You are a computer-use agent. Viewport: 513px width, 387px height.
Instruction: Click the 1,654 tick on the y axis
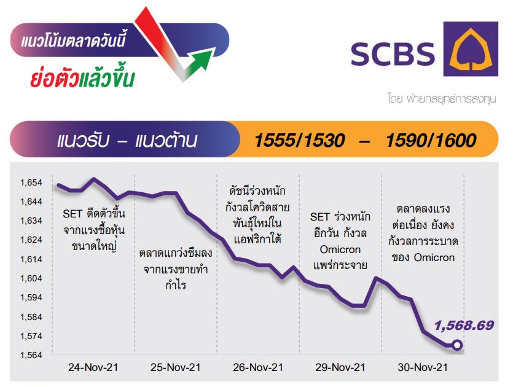pos(31,182)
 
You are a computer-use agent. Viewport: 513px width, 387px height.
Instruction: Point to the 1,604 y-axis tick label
pos(31,278)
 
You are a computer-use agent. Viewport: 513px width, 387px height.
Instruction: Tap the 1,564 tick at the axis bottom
pos(31,355)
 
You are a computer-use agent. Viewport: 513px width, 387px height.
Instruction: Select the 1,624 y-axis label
pos(31,240)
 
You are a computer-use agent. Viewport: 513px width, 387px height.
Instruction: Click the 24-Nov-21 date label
pos(93,367)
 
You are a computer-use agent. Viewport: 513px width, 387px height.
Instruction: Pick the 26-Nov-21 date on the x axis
pos(258,367)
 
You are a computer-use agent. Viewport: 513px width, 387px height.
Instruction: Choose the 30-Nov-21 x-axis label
pos(423,367)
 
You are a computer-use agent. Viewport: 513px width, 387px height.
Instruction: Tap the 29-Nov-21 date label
pos(340,367)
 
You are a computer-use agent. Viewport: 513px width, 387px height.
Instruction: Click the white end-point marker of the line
pos(457,345)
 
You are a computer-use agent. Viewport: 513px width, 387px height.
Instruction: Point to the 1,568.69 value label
pos(464,325)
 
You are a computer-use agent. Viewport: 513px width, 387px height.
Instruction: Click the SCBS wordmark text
pos(393,54)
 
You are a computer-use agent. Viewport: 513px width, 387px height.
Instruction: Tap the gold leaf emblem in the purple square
pos(471,50)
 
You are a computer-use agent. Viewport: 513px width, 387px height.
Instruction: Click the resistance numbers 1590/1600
pos(431,140)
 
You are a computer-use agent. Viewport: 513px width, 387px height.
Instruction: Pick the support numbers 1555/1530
pos(299,140)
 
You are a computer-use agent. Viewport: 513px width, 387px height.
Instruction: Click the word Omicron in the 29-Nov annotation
pos(340,249)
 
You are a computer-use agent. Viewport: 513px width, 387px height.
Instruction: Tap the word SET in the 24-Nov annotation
pos(72,214)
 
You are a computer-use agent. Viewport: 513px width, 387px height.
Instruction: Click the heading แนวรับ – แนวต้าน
pos(127,141)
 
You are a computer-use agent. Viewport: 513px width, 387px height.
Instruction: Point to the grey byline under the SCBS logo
pos(442,98)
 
